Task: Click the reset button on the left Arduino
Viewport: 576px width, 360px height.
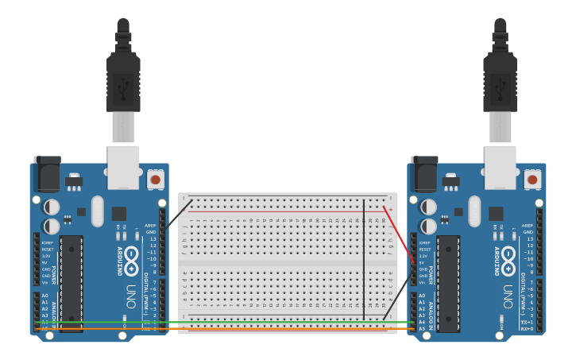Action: pos(155,180)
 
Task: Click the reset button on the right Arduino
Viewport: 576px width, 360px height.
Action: pos(532,180)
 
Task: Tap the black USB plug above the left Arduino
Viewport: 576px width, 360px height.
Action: pos(123,79)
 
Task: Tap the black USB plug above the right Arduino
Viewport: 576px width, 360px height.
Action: pos(500,79)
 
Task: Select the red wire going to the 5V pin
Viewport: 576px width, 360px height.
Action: pos(399,235)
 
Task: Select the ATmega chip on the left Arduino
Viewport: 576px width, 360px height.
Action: pos(72,283)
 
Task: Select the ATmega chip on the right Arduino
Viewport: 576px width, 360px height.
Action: pos(448,283)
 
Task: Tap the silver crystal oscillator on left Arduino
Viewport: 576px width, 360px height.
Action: pos(98,211)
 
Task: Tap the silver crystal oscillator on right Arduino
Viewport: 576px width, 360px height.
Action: pos(475,211)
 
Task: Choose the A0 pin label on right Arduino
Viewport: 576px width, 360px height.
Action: pos(421,296)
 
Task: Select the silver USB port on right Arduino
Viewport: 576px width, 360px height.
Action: pos(501,167)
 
